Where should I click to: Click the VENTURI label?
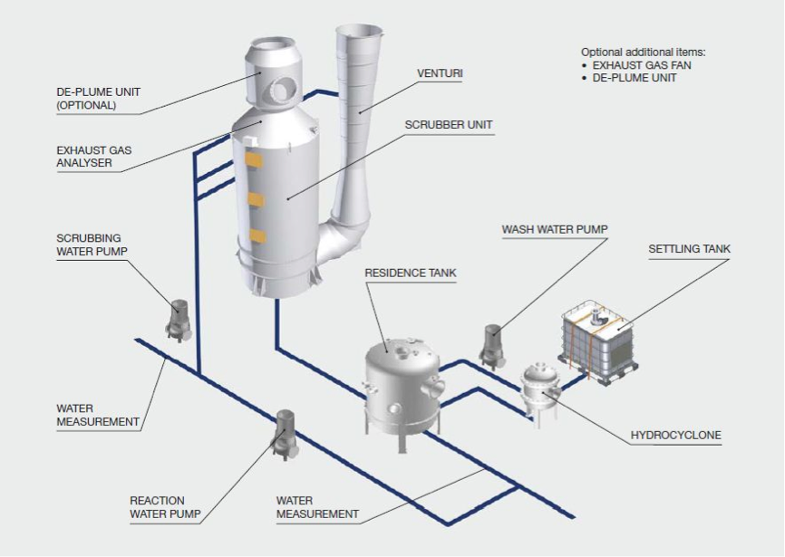coord(440,73)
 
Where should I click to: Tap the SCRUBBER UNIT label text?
coord(449,125)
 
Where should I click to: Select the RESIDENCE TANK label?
coord(411,273)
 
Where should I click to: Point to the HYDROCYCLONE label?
coord(676,435)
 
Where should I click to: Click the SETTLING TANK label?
coord(690,249)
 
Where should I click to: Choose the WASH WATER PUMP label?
coord(555,229)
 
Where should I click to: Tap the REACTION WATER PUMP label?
coord(165,507)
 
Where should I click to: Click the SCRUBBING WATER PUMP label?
coord(92,245)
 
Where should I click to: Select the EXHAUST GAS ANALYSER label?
coord(94,157)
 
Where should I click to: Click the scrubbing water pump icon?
coord(179,320)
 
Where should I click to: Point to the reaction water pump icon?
coord(286,434)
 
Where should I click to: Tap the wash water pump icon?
coord(491,347)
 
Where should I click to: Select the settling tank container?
coord(597,342)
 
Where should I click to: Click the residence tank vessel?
coord(402,390)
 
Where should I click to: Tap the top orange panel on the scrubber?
coord(255,160)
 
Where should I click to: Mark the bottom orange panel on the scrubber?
coord(257,235)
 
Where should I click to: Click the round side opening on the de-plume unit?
coord(279,91)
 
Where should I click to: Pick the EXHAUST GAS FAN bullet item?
coord(641,65)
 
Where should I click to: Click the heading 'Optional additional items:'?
coord(643,52)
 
